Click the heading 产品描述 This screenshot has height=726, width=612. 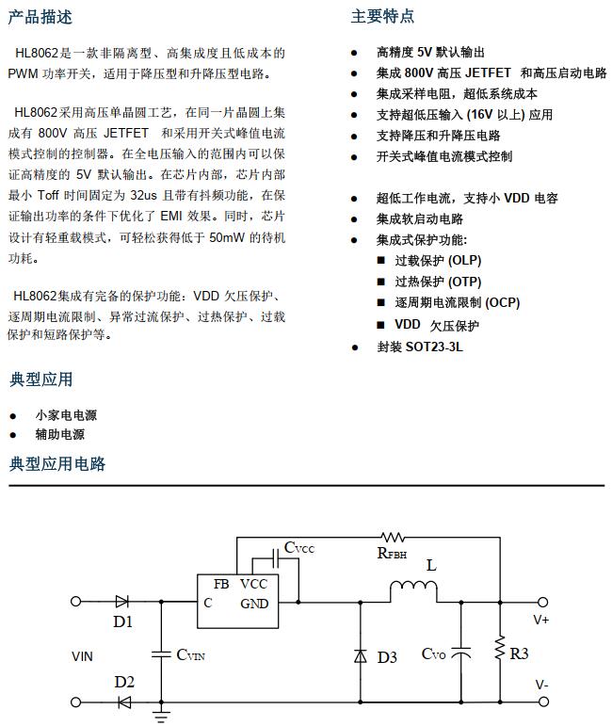[x=40, y=16]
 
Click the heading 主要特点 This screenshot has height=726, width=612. [x=382, y=16]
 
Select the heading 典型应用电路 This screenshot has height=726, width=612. [x=57, y=463]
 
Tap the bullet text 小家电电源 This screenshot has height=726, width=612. [x=66, y=414]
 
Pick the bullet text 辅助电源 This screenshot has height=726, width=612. [x=60, y=434]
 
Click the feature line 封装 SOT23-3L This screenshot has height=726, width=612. [x=420, y=347]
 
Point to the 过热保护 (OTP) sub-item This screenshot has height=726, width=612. [x=438, y=282]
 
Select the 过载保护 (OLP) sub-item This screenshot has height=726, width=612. [x=438, y=260]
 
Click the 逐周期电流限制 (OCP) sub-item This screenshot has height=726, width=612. [x=457, y=302]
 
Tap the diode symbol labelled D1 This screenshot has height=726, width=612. [x=121, y=601]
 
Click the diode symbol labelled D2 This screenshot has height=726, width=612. [x=123, y=702]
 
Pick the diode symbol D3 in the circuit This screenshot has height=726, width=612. [x=360, y=656]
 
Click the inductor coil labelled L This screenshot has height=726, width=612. [x=414, y=590]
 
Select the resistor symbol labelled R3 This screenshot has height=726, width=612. [x=499, y=651]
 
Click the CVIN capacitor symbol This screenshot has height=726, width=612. [x=159, y=653]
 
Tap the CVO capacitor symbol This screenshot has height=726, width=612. [x=461, y=653]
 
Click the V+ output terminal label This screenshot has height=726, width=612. [x=542, y=620]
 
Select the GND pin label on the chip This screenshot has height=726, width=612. [x=254, y=604]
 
